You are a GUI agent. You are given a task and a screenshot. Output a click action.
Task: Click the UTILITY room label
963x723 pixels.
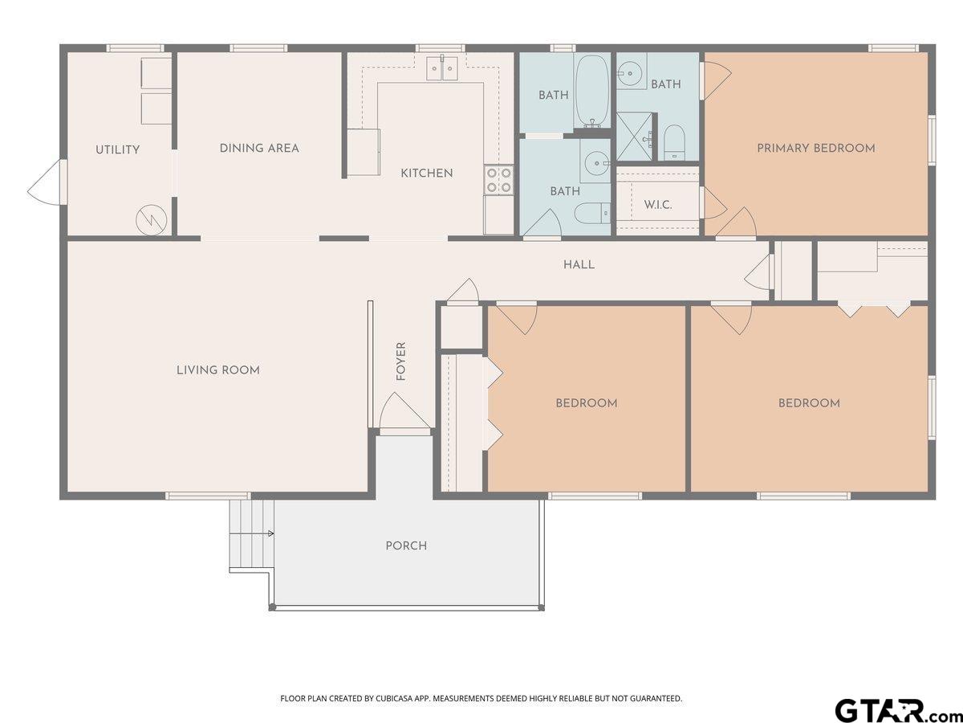click(x=118, y=149)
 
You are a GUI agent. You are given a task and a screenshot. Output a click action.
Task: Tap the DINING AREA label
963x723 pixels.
click(x=259, y=149)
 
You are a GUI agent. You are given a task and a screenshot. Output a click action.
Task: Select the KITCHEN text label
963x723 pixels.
click(x=426, y=174)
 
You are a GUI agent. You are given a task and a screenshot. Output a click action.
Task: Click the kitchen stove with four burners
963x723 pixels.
click(x=498, y=180)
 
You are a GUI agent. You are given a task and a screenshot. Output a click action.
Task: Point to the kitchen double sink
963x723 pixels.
click(x=442, y=68)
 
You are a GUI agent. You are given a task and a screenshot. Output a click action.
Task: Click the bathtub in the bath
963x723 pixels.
click(x=591, y=91)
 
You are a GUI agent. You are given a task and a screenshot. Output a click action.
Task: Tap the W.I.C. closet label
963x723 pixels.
click(x=657, y=205)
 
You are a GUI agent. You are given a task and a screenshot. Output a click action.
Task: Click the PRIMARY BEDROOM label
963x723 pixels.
click(x=815, y=149)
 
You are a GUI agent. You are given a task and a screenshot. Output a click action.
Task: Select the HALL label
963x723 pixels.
click(x=579, y=265)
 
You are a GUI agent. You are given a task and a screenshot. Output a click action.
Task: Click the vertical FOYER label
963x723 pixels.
click(x=400, y=361)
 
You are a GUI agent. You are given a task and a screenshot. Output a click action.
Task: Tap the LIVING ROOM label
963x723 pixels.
click(x=218, y=370)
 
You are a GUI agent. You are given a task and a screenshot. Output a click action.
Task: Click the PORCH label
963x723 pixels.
click(x=406, y=545)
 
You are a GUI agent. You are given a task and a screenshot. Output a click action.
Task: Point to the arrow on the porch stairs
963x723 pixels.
click(x=252, y=533)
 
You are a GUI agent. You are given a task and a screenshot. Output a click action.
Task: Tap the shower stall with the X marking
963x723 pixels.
click(x=634, y=137)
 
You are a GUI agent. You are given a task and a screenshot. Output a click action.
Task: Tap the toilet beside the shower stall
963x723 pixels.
click(x=674, y=142)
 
